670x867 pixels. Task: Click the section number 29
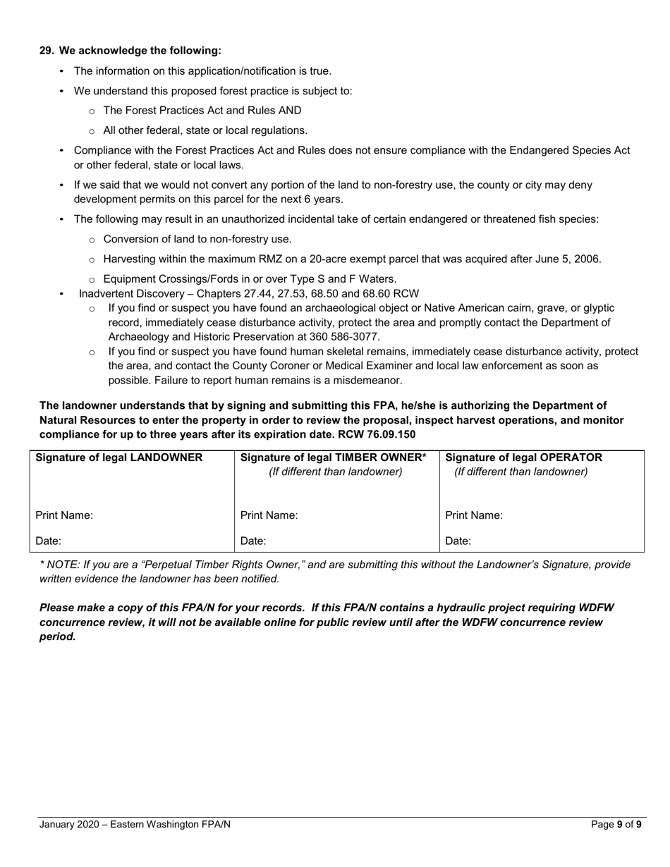pos(46,51)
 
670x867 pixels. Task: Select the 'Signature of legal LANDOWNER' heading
pos(118,457)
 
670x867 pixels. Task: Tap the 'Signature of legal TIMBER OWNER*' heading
pos(334,457)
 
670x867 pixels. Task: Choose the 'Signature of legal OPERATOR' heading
pos(524,457)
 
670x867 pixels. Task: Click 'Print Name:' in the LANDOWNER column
pos(64,515)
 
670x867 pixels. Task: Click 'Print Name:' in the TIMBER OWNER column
pos(269,515)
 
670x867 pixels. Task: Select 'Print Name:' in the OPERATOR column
pos(474,515)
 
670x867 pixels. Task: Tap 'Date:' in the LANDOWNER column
pos(48,541)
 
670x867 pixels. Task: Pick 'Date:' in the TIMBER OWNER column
pos(253,541)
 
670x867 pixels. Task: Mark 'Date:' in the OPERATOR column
pos(458,541)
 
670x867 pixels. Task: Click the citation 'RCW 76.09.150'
pos(381,434)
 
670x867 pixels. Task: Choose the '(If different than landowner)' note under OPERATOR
pos(520,472)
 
